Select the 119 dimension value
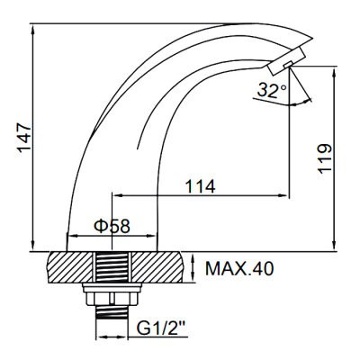328,157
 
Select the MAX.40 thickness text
236,267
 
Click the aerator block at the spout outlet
281,66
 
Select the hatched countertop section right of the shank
163,268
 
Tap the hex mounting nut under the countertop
115,297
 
